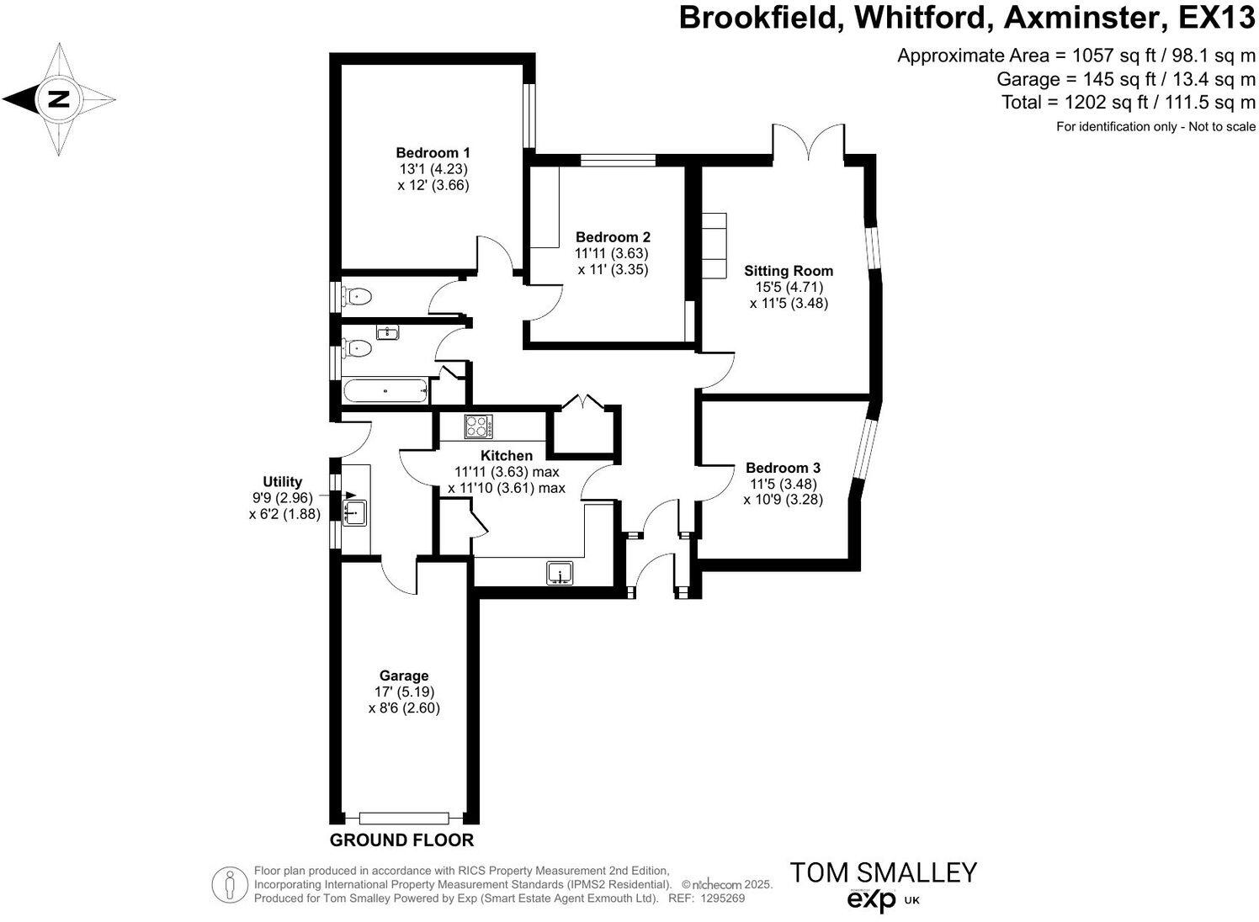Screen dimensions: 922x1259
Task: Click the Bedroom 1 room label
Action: point(433,153)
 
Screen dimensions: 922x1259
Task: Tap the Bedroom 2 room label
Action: point(613,238)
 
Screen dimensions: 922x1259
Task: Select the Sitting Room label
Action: point(789,271)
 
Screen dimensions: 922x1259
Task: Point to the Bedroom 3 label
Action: point(783,468)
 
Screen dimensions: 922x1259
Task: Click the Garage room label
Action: point(404,676)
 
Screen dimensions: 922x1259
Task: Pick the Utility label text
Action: point(282,482)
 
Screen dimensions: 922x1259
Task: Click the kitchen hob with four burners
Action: point(479,427)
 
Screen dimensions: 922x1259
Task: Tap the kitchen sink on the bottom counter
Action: point(560,573)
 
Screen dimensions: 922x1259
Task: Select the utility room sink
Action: point(355,511)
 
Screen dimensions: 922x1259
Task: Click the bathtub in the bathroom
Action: point(385,390)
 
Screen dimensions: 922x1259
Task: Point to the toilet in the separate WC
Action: point(359,295)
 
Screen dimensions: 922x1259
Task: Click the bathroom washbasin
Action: point(387,332)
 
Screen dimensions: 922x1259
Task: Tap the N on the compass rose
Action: point(57,99)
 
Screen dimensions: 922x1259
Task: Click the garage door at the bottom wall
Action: point(403,818)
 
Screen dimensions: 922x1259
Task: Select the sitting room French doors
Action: point(808,141)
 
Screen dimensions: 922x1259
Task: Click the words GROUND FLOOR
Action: point(401,840)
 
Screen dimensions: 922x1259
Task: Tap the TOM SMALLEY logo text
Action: point(882,872)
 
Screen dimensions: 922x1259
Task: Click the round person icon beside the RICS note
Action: point(229,885)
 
